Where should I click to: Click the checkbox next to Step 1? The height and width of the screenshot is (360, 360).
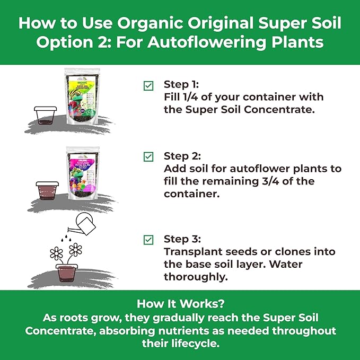pos(149,85)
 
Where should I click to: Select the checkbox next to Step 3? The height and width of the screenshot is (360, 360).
pos(149,240)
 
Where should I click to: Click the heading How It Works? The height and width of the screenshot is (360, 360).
pos(179,304)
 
